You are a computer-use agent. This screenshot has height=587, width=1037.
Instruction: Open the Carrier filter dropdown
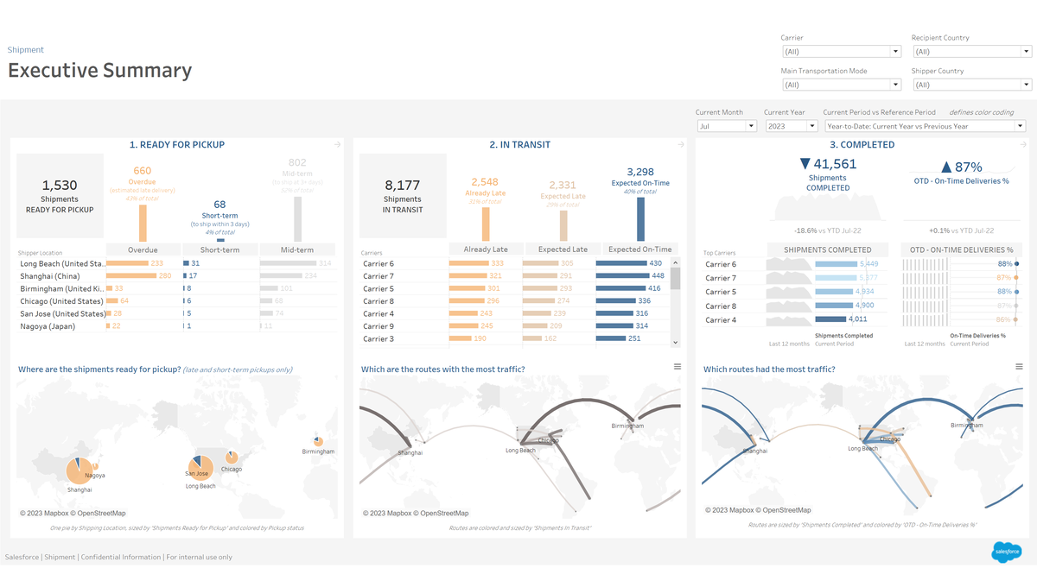(x=840, y=52)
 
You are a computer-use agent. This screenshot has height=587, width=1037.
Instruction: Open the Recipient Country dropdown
(x=970, y=52)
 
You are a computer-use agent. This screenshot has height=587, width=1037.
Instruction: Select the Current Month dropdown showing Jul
(x=727, y=126)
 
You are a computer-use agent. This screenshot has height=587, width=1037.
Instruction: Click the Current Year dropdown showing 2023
(x=791, y=126)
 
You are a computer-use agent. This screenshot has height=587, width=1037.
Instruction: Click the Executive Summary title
(x=99, y=71)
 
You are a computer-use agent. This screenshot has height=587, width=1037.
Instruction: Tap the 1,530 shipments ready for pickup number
(x=60, y=186)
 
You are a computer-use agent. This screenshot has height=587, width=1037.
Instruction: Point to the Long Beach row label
(x=61, y=263)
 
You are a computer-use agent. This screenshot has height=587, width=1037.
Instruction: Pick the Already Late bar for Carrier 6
(x=468, y=263)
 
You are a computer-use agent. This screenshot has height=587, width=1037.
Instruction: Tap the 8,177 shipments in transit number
(x=403, y=185)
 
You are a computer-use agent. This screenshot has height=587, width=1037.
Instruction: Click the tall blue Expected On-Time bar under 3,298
(x=640, y=219)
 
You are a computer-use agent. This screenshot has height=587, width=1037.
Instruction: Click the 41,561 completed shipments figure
(x=829, y=165)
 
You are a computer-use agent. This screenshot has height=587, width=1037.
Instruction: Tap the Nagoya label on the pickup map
(x=96, y=476)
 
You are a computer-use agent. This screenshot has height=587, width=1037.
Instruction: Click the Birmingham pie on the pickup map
(x=318, y=442)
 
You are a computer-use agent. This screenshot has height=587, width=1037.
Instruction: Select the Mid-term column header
(x=297, y=249)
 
